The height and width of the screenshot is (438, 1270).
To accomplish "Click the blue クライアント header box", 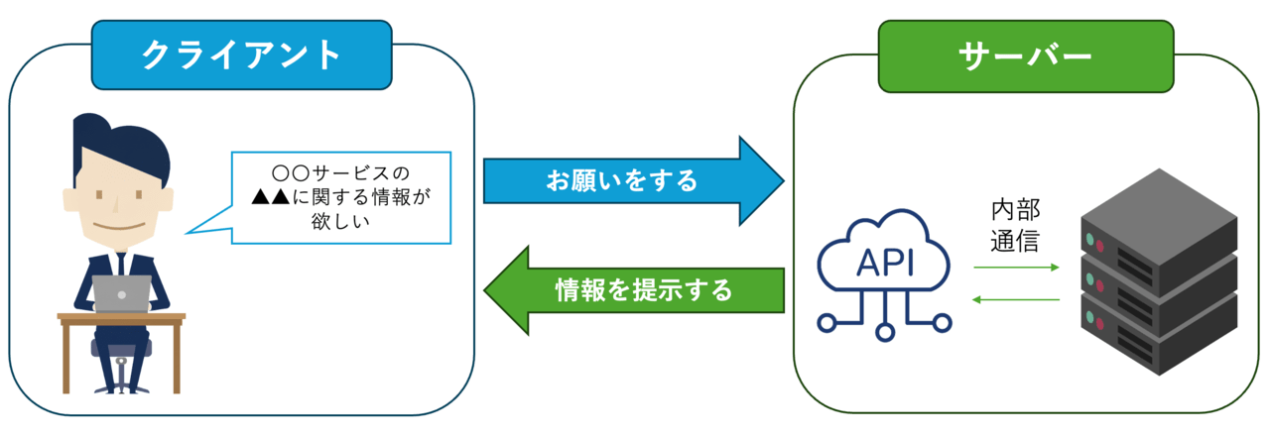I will pos(242,55).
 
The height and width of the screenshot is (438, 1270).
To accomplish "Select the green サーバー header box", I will pos(1026,56).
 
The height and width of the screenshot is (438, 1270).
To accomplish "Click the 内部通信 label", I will pos(1015,226).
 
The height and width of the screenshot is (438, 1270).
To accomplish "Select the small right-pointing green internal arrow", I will pos(1016,268).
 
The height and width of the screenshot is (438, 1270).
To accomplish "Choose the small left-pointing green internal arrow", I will pos(1016,298).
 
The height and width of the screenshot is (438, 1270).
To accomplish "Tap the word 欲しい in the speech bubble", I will pos(339,221).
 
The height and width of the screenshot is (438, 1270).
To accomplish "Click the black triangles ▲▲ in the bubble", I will pos(270,196).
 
